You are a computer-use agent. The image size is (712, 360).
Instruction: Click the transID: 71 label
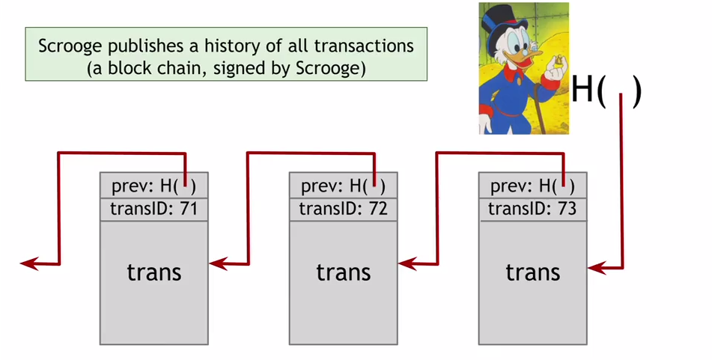pyautogui.click(x=153, y=209)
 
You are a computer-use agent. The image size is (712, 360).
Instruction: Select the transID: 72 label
pyautogui.click(x=343, y=209)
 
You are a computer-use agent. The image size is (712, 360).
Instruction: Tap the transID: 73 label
pyautogui.click(x=532, y=209)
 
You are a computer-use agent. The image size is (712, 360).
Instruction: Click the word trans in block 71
pyautogui.click(x=153, y=271)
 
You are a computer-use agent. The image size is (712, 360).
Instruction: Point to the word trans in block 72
pyautogui.click(x=343, y=271)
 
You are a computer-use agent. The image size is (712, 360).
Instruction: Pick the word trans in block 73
pyautogui.click(x=532, y=271)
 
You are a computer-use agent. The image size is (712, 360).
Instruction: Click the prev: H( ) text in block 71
pyautogui.click(x=153, y=186)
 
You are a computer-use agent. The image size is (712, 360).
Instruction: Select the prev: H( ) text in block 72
pyautogui.click(x=343, y=186)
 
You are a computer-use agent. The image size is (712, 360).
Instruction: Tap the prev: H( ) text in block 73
pyautogui.click(x=532, y=186)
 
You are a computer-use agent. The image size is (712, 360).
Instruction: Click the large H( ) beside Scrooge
pyautogui.click(x=606, y=91)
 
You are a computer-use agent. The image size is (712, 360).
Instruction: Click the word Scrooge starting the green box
pyautogui.click(x=71, y=46)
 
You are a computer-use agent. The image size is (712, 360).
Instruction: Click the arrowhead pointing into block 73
pyautogui.click(x=595, y=266)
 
